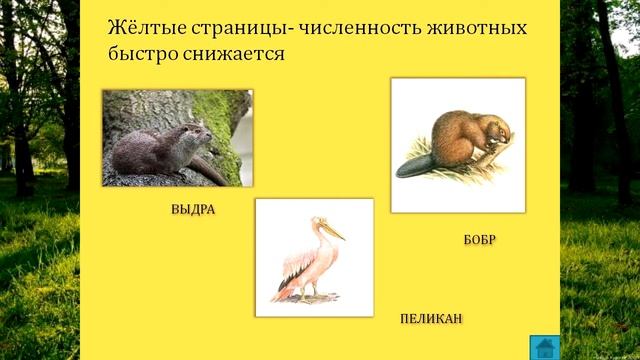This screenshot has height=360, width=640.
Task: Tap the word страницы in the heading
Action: [x=235, y=26]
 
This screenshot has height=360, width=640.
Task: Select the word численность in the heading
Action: [x=361, y=26]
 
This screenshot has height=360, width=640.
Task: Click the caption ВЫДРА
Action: [x=193, y=211]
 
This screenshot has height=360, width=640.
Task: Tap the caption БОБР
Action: [x=480, y=240]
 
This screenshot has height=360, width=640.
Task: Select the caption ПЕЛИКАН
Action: [x=431, y=318]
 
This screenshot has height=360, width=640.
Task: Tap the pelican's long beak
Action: [x=331, y=231]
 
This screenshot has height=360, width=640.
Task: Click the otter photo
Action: [x=177, y=138]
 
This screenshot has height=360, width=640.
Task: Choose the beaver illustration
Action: [x=457, y=145]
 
